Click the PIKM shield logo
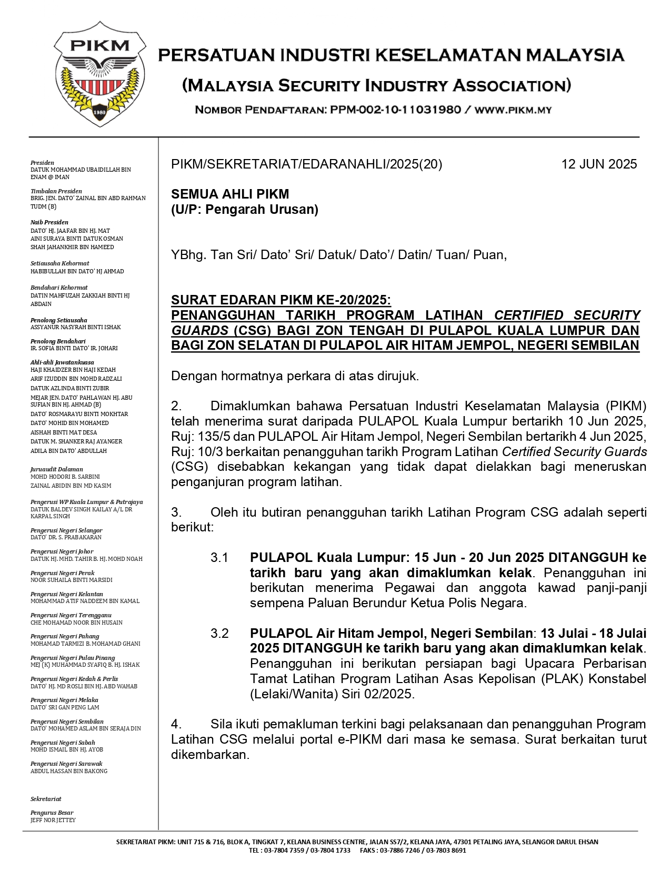click(x=99, y=74)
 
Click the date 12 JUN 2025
click(x=599, y=164)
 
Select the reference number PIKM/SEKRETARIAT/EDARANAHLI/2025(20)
click(x=306, y=164)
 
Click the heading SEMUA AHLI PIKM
click(x=230, y=194)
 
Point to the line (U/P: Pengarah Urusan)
click(x=245, y=210)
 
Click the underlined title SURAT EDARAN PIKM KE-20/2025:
click(x=281, y=300)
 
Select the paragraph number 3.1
click(x=219, y=557)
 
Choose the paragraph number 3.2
click(x=219, y=633)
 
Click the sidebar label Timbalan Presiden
click(x=56, y=191)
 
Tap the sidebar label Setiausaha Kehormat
click(x=60, y=263)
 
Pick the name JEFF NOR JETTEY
click(x=53, y=820)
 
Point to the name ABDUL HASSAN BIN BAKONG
click(x=69, y=771)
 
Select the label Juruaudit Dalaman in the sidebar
click(x=57, y=469)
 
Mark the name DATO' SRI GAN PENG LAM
click(x=65, y=707)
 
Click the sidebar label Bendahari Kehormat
click(x=59, y=288)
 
